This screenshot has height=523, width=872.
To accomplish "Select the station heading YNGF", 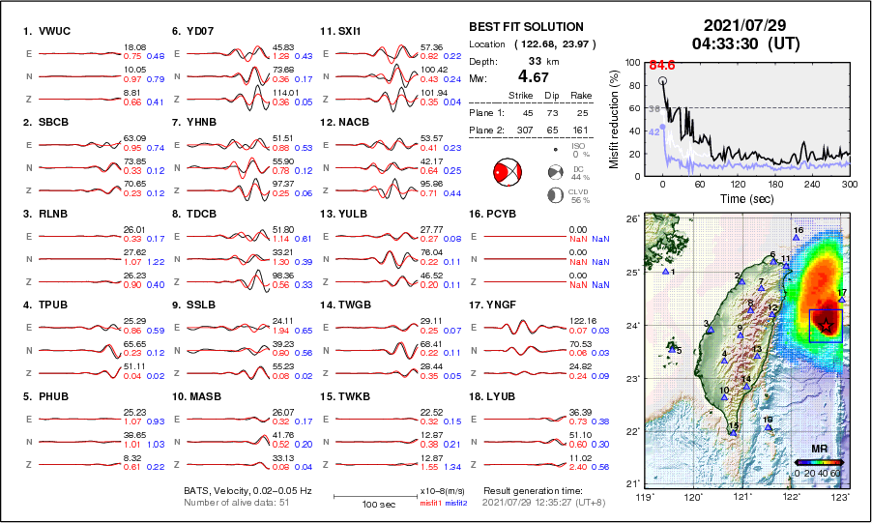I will (496, 305).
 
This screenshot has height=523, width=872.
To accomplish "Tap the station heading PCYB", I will (496, 214).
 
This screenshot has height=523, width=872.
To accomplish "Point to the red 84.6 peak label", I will (661, 65).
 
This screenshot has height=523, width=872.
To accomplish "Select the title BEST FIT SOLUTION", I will (525, 26).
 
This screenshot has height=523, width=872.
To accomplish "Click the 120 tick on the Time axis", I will (738, 184).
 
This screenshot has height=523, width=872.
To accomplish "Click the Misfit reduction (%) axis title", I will (615, 118).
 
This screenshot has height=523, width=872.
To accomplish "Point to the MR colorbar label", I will (819, 450).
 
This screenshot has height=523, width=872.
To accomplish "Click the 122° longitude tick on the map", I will (791, 497).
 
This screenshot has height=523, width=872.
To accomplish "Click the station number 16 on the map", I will (799, 230).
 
